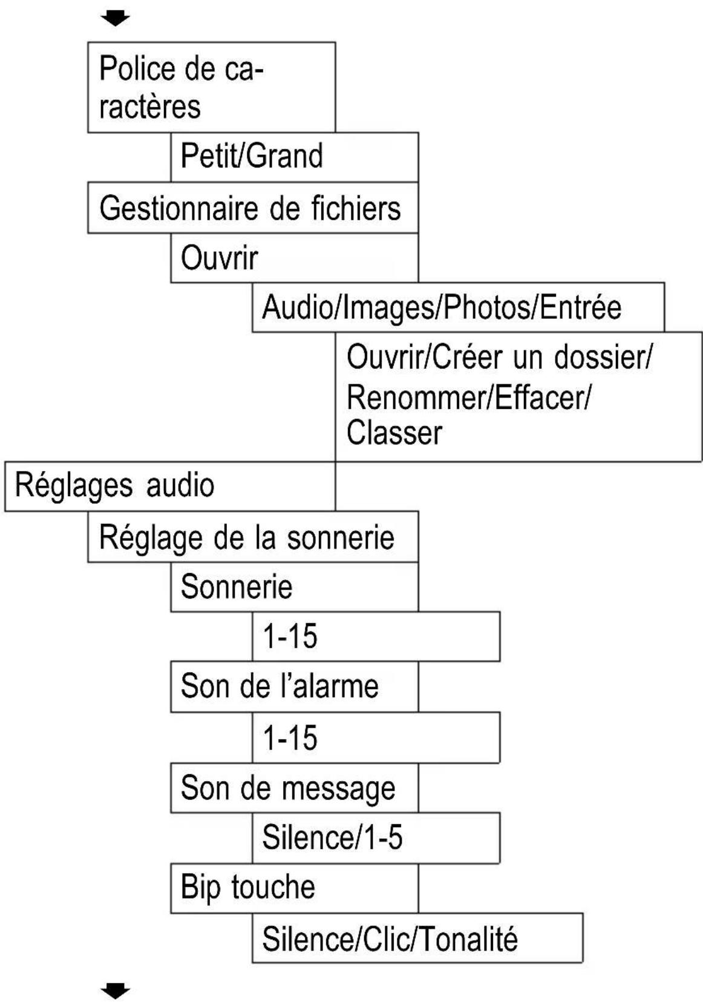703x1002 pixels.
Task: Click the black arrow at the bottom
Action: (x=115, y=991)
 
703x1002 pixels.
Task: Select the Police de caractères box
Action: (x=211, y=87)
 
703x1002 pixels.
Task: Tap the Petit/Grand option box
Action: (x=294, y=157)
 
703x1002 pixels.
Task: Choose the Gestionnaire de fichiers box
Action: (x=252, y=208)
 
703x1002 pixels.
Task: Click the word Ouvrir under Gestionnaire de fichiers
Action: (x=219, y=258)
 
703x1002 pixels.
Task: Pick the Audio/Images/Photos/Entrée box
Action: (x=457, y=307)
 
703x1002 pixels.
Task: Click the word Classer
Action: (x=394, y=433)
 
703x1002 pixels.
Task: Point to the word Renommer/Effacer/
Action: (x=468, y=398)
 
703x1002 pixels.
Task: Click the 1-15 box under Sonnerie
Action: (x=376, y=637)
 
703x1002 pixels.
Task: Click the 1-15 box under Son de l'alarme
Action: (x=376, y=738)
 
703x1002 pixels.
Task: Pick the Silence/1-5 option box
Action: (x=376, y=838)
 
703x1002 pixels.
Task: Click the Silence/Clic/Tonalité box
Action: (x=417, y=938)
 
